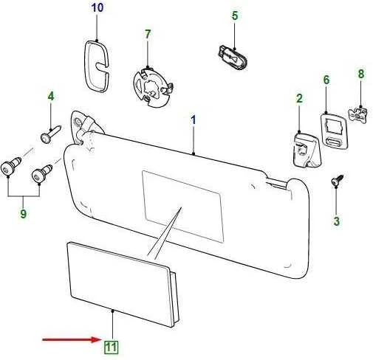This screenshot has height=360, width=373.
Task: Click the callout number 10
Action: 97,7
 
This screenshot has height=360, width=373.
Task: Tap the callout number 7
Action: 148,34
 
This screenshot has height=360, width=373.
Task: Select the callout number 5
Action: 235,15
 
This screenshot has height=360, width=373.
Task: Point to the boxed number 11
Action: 112,347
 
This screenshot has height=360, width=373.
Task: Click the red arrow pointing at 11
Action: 71,340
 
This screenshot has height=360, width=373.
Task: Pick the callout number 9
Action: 23,213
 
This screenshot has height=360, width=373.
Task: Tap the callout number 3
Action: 336,221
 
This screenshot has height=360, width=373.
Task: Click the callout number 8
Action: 361,74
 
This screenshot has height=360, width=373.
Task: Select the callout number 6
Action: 326,80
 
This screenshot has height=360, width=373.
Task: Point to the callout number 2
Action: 299,99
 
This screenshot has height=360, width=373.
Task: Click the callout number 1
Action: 194,120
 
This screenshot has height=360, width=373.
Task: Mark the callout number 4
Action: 51,97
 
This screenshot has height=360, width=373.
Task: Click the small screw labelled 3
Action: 338,180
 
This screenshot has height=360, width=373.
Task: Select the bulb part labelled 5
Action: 233,58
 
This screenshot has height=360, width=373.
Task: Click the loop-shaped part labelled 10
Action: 97,66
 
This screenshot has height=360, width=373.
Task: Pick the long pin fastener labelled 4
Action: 50,134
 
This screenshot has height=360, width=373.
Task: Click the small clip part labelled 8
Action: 357,114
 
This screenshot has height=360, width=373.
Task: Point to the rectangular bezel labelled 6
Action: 334,131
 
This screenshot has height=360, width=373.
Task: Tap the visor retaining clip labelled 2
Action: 307,150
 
